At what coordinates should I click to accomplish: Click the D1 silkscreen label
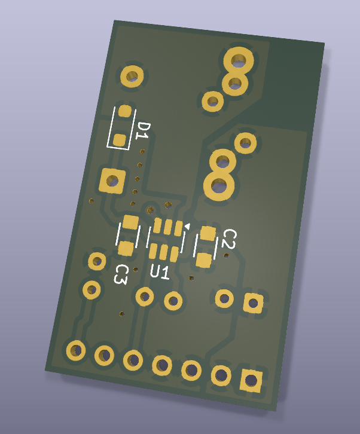coord(143,131)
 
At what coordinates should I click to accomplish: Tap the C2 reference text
coord(229,239)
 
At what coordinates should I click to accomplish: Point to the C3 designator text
coord(121,274)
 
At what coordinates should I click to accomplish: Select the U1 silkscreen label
coord(160,272)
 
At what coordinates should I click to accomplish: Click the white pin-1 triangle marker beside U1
coord(187,226)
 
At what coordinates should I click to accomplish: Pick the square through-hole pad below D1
coord(112,181)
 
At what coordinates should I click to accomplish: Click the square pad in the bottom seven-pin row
coord(251,380)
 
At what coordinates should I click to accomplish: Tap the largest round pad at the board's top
coord(239,60)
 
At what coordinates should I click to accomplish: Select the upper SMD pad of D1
coord(125,111)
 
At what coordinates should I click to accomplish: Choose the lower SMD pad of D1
coord(120,140)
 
